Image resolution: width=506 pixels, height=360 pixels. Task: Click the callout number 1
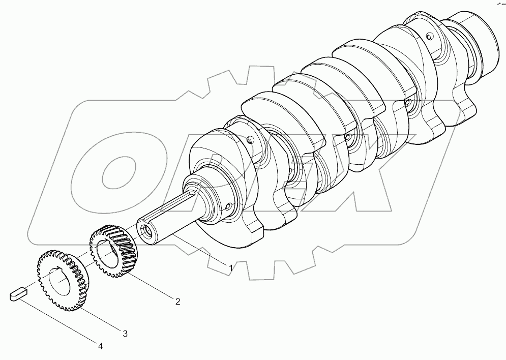click(x=230, y=267)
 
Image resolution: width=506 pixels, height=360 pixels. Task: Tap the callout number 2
click(x=177, y=302)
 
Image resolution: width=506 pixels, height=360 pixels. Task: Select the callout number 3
click(x=125, y=334)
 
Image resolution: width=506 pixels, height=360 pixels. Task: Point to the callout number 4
click(x=100, y=347)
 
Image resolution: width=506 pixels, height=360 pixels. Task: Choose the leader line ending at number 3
click(x=102, y=320)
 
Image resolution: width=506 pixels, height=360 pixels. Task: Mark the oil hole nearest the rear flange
click(x=429, y=36)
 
